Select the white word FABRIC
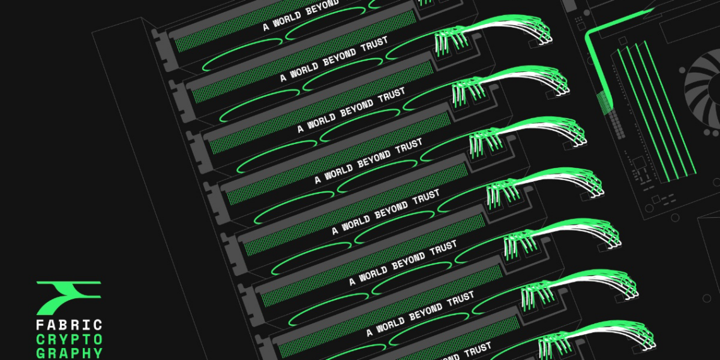click(x=69, y=326)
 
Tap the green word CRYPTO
click(x=69, y=340)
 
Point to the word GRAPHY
click(x=69, y=354)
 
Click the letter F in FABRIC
click(x=40, y=326)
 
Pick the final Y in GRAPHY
click(x=97, y=354)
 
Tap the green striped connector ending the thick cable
click(x=603, y=100)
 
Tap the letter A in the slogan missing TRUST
click(x=266, y=28)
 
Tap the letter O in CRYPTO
click(x=97, y=340)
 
